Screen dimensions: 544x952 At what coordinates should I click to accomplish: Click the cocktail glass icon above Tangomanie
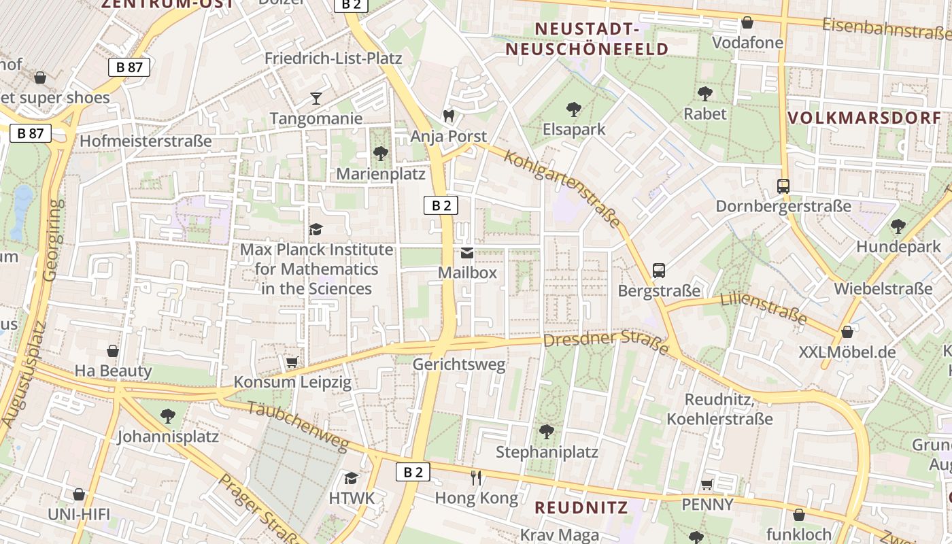tap(316, 99)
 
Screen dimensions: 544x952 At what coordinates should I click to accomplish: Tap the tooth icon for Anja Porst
tap(448, 116)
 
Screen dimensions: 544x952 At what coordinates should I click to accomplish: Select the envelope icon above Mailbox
tap(467, 253)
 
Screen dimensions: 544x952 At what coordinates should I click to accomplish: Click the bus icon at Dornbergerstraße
tap(783, 186)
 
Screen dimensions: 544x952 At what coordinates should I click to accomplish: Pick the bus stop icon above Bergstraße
tap(658, 271)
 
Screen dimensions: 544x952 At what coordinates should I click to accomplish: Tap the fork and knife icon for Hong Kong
tap(476, 478)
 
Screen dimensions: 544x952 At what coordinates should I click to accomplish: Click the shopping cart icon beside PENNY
tap(707, 484)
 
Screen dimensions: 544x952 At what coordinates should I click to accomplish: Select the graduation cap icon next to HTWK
tap(351, 478)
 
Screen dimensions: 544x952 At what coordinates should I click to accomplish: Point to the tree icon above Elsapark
tap(573, 109)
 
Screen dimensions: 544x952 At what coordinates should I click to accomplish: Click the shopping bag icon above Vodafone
tap(747, 22)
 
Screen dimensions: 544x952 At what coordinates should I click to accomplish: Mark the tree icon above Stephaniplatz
tap(546, 432)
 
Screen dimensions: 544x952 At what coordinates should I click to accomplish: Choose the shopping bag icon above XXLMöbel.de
tap(847, 332)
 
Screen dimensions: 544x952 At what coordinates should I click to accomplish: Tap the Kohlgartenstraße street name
tap(562, 189)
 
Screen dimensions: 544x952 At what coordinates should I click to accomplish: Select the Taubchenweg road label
tap(298, 426)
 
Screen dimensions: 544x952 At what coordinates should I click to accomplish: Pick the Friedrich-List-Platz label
tap(333, 58)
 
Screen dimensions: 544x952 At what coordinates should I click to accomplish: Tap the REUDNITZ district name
tap(581, 507)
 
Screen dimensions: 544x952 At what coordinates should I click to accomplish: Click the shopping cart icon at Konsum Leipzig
tap(292, 362)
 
